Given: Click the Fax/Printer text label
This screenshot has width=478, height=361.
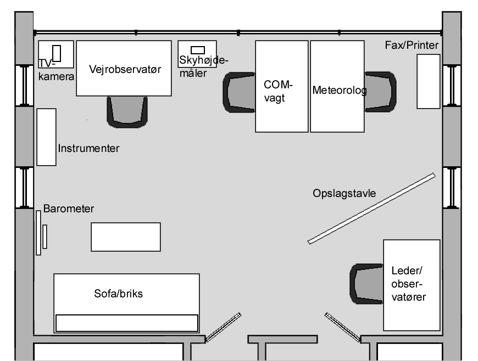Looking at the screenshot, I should coord(412,44).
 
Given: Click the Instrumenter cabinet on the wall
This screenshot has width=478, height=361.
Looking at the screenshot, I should coord(46,137).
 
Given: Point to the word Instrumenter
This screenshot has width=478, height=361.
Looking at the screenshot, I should coord(88,148).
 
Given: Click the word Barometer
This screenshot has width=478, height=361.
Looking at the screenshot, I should coord(69,209).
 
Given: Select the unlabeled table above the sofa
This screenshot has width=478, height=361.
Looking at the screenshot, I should coord(126,237).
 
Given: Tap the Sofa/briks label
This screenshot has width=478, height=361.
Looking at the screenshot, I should coord(118,294).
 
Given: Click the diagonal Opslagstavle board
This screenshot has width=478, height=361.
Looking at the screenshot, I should coord(372,208).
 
